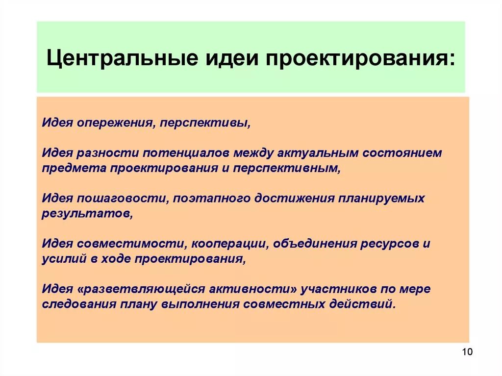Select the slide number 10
466,352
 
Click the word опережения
112,122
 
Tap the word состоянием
402,152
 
